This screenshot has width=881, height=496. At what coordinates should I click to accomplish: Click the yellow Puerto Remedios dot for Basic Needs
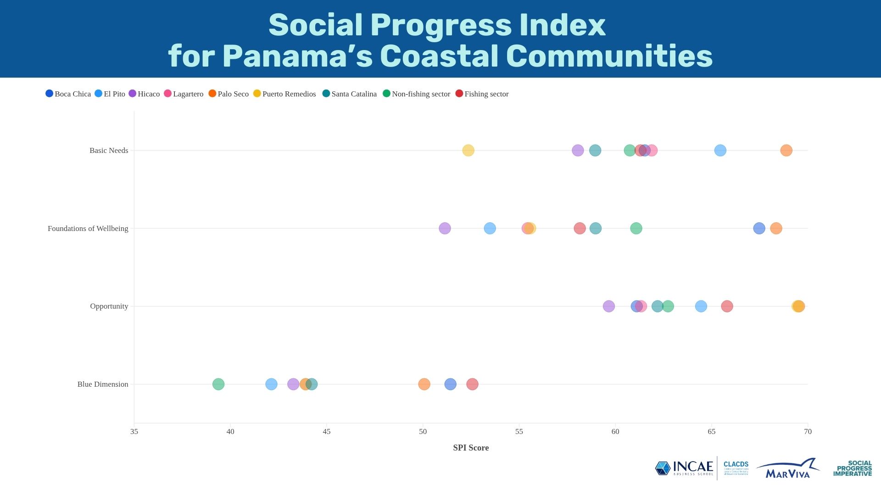click(x=468, y=150)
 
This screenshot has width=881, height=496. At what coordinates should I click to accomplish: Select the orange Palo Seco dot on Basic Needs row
click(x=786, y=150)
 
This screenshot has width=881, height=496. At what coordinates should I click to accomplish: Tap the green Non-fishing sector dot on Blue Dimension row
click(x=218, y=384)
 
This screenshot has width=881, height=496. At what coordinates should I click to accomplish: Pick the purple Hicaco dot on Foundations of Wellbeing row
click(x=445, y=228)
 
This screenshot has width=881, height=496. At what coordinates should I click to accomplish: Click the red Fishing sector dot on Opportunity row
click(x=727, y=306)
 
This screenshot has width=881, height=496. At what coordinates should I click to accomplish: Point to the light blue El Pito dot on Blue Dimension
click(x=271, y=384)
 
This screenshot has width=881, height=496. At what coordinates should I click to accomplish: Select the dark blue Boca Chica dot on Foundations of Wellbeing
click(x=759, y=228)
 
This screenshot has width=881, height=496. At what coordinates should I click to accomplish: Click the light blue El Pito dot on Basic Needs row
click(x=720, y=150)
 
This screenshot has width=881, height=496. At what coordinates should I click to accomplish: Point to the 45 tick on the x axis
click(x=326, y=431)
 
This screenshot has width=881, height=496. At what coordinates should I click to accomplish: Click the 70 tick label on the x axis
click(x=808, y=431)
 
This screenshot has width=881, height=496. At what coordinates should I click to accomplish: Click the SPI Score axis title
click(x=471, y=448)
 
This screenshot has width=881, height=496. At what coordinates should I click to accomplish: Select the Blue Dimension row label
click(x=103, y=384)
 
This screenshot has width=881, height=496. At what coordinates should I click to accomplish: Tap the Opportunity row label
click(x=109, y=306)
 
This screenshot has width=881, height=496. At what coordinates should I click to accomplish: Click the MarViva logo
click(x=788, y=468)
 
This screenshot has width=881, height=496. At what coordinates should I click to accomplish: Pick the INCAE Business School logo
click(x=684, y=468)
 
